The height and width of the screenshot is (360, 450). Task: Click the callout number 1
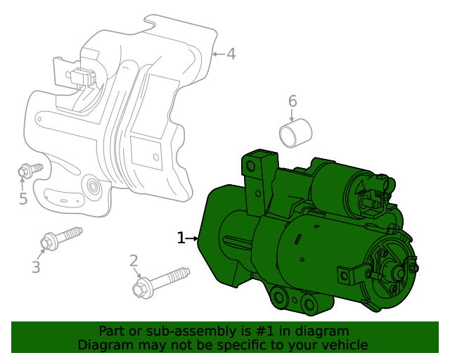[x=181, y=238]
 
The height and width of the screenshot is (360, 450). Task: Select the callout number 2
[x=134, y=262]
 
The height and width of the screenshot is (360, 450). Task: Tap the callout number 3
[x=36, y=267]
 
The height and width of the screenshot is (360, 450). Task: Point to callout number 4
[x=231, y=53]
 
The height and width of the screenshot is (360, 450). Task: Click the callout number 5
[x=23, y=199]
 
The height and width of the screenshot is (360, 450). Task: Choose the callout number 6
[x=292, y=101]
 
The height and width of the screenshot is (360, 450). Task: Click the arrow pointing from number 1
[x=192, y=239]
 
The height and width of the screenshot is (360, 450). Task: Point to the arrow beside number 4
[x=217, y=53]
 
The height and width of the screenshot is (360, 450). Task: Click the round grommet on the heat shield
[x=91, y=187]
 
